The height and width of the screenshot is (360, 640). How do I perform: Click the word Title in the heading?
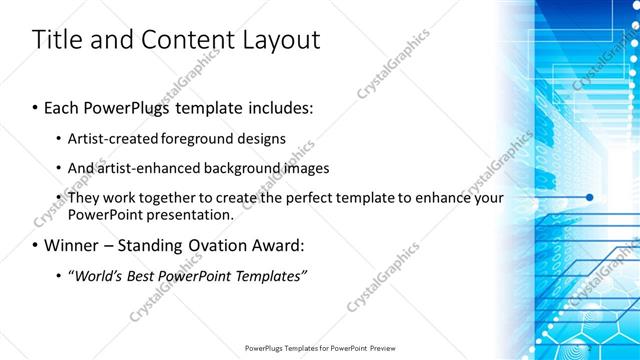[57, 40]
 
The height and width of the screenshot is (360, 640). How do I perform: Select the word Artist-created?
[113, 138]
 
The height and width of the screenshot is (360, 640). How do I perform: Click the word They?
[84, 198]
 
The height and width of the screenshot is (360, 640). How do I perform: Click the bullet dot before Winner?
[35, 245]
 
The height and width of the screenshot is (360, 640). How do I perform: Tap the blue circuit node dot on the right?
[589, 197]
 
